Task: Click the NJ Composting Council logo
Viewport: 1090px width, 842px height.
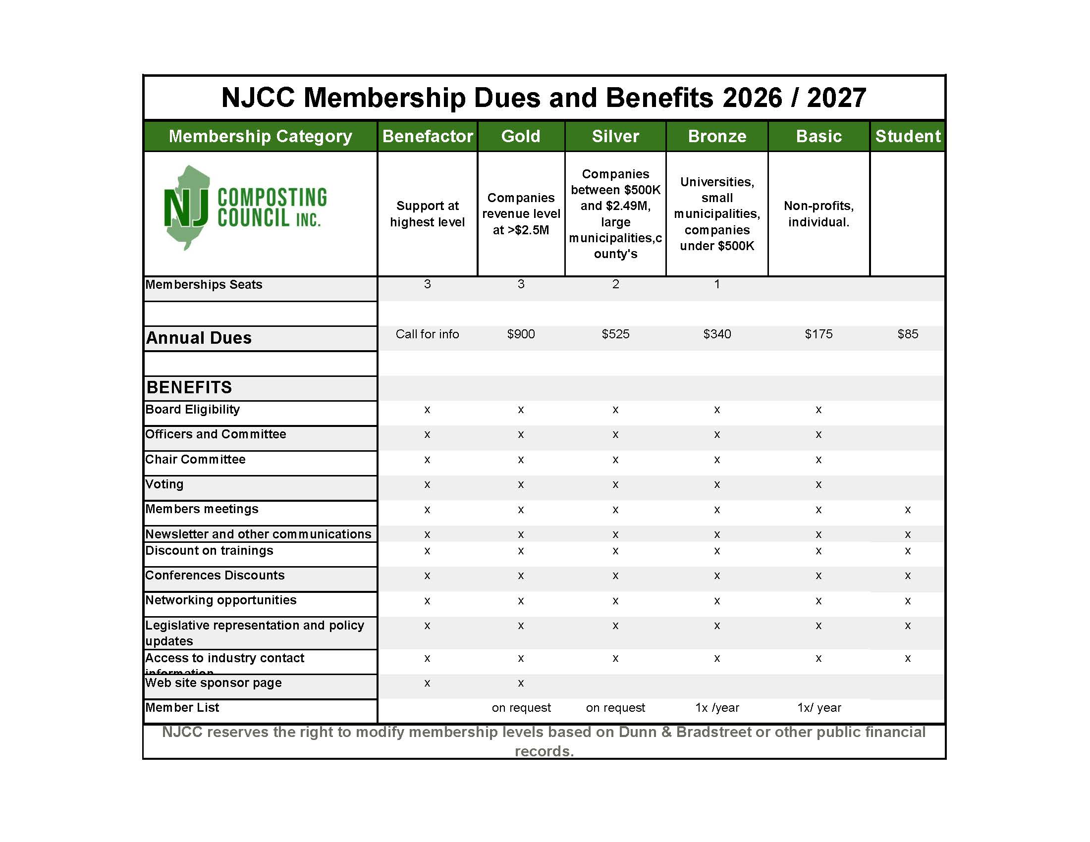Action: coord(245,208)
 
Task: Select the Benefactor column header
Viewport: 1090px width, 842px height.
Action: coord(427,136)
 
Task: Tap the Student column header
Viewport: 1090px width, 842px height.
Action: coord(907,136)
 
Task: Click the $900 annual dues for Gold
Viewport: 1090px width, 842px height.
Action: coord(521,334)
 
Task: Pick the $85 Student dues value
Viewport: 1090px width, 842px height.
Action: coord(907,334)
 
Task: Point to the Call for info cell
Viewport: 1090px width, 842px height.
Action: coord(427,334)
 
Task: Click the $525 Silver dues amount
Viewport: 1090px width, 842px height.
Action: coord(615,334)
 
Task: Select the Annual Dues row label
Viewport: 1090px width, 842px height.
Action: coord(199,338)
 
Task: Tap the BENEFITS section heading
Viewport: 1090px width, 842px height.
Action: coord(189,387)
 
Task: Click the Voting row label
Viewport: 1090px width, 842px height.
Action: coord(164,484)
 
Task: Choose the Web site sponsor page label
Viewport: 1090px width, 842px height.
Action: coord(213,683)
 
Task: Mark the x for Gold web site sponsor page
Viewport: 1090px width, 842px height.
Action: coord(521,683)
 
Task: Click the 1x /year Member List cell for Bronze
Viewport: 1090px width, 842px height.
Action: coord(717,707)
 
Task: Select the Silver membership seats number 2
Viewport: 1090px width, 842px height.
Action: coord(615,284)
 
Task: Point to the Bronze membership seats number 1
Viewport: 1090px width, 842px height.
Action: coord(717,284)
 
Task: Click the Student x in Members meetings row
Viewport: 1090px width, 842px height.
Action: coord(907,510)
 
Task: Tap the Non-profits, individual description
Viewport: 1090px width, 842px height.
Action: coord(818,213)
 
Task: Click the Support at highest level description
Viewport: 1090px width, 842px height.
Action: coord(427,213)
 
